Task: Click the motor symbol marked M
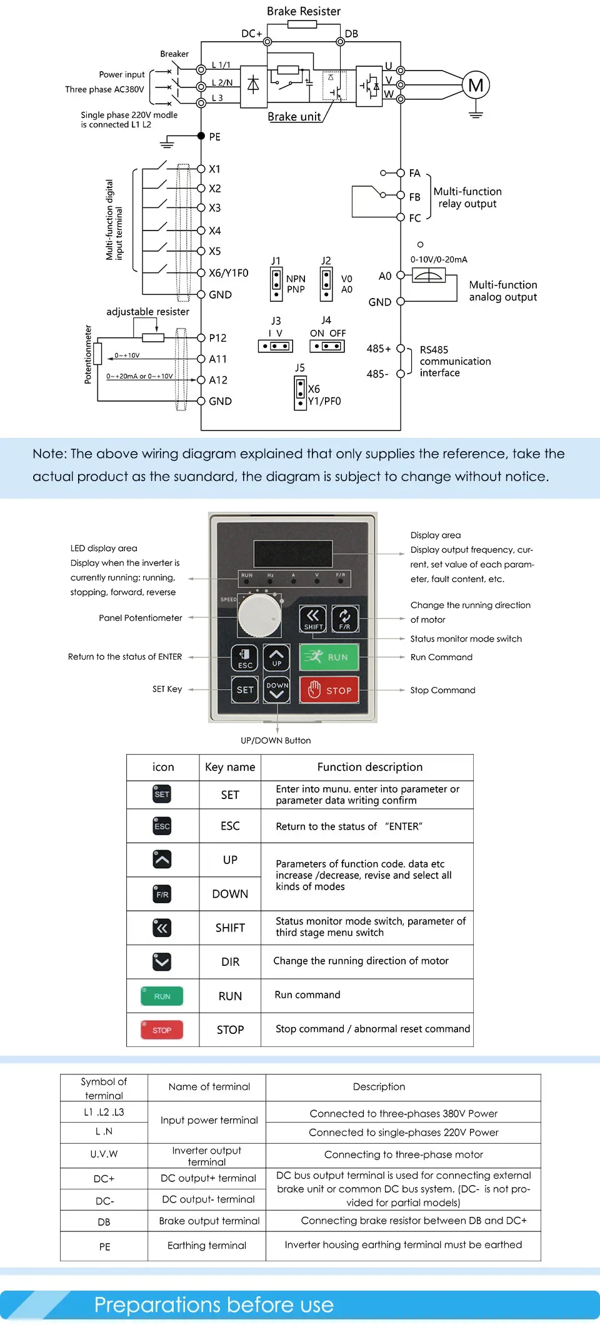(476, 86)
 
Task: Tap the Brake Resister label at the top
(304, 11)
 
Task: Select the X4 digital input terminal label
(215, 231)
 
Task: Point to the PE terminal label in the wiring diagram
(215, 137)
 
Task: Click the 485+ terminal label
(379, 349)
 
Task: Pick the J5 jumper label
(300, 368)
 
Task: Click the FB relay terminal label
(415, 197)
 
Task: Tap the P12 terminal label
(217, 338)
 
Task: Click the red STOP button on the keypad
(329, 690)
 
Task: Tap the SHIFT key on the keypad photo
(312, 619)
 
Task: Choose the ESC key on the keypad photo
(245, 657)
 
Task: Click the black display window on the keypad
(292, 553)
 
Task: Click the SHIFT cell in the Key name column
(230, 928)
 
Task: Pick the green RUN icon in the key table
(162, 996)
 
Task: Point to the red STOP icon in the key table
(162, 1030)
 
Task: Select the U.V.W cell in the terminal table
(104, 1154)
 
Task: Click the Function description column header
(370, 767)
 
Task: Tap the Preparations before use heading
(214, 1304)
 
